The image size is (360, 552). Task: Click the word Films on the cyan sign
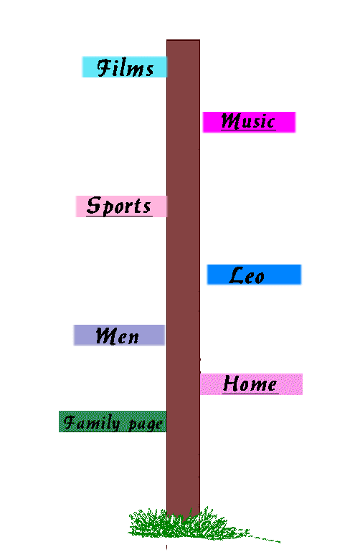(125, 67)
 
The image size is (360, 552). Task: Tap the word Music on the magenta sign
(248, 121)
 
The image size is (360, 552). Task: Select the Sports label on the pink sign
(119, 206)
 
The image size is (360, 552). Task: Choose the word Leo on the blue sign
(247, 275)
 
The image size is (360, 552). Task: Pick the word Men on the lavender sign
(118, 336)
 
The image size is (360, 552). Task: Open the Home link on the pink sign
(250, 384)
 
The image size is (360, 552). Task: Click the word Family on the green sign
(92, 422)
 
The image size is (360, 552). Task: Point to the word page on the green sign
(146, 424)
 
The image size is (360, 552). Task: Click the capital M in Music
(231, 121)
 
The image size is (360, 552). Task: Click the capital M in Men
(107, 336)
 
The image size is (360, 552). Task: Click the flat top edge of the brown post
(183, 40)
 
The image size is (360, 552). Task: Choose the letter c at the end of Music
(270, 123)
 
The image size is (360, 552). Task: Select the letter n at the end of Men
(133, 338)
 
